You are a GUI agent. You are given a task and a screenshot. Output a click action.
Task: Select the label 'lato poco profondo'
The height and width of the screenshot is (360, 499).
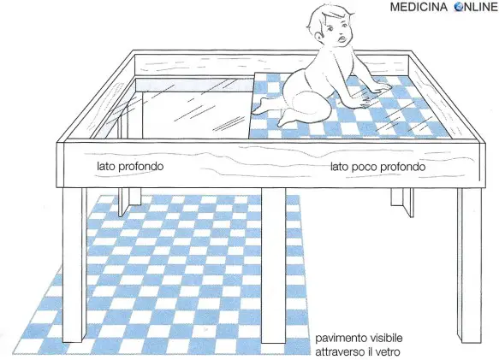point(377,167)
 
